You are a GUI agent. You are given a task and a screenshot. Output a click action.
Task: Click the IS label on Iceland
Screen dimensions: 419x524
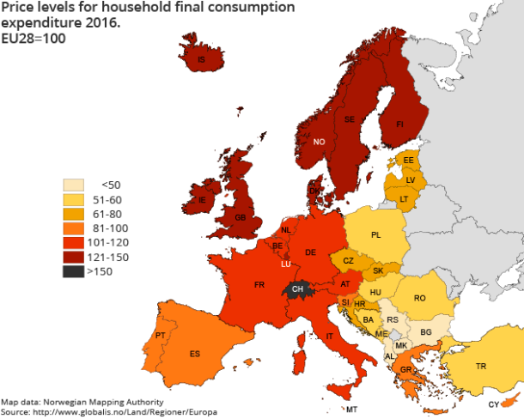[201, 60]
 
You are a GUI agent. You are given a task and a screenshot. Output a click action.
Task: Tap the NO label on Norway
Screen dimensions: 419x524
[319, 142]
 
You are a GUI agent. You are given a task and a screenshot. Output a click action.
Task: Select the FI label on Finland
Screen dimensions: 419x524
[399, 124]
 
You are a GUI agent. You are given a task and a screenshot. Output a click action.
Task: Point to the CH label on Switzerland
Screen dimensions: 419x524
[297, 289]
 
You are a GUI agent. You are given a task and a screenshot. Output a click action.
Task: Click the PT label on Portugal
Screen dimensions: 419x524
[160, 335]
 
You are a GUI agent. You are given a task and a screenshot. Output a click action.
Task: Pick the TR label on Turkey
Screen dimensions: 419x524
[481, 366]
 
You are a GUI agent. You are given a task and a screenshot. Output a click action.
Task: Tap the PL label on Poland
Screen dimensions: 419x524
[376, 234]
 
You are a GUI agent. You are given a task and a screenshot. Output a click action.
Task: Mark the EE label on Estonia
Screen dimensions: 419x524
[409, 161]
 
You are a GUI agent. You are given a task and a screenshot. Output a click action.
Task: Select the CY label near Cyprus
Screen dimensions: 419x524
[494, 404]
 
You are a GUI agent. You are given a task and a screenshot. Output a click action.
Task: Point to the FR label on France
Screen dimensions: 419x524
[259, 283]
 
